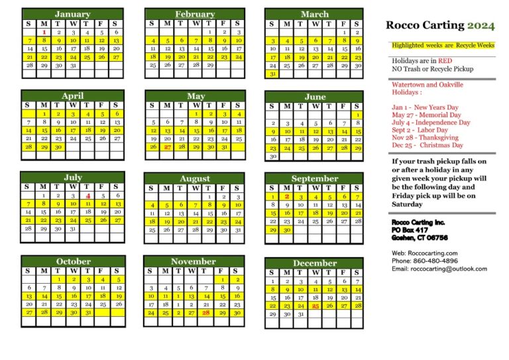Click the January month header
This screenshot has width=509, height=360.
72,14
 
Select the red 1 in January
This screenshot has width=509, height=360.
44,32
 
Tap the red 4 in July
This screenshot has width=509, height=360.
87,196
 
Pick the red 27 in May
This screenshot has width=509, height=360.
167,147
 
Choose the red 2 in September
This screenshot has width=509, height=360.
286,197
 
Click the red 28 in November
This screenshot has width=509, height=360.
206,312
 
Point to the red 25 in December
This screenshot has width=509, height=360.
315,306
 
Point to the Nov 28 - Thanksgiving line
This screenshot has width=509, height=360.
424,137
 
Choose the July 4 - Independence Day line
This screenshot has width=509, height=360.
431,122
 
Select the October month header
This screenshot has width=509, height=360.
73,261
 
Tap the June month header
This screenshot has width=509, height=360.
314,97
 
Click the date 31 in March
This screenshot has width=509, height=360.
272,74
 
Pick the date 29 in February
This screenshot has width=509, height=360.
210,66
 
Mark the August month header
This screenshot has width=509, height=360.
194,179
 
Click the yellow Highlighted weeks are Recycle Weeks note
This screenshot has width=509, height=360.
443,45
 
